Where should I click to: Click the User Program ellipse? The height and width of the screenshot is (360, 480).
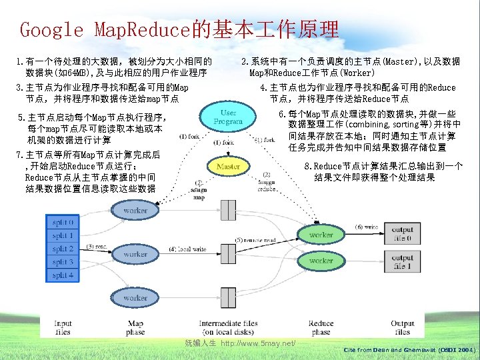click(x=228, y=118)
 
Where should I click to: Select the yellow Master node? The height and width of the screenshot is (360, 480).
click(x=228, y=165)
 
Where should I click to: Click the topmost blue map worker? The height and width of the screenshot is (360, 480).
click(x=135, y=210)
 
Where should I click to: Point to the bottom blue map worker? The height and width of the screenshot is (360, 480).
click(x=135, y=298)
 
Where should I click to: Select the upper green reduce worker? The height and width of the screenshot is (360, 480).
click(x=321, y=235)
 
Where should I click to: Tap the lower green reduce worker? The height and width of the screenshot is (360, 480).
click(x=321, y=261)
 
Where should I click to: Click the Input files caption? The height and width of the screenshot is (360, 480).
click(x=63, y=327)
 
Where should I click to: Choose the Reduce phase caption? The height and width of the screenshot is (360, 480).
click(x=321, y=327)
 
